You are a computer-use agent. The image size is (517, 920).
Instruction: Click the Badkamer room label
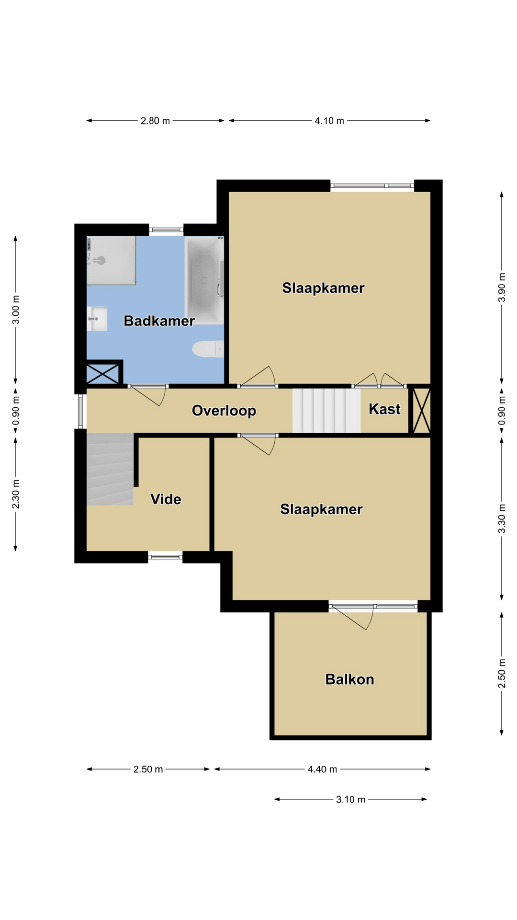point(159,321)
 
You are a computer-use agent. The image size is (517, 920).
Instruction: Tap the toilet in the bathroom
point(208,349)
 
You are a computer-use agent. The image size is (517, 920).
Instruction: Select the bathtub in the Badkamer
point(204,281)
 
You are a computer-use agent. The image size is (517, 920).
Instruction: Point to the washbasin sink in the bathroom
point(97,319)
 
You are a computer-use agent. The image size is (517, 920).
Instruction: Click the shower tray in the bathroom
point(111,260)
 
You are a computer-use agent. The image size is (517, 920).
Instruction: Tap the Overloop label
point(224,411)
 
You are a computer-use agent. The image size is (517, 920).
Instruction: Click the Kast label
point(384,409)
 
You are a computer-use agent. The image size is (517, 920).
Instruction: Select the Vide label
point(166,499)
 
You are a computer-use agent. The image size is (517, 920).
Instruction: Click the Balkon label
point(349,679)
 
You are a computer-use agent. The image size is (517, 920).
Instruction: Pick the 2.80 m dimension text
point(155,121)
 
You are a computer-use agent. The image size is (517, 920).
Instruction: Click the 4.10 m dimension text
point(329,121)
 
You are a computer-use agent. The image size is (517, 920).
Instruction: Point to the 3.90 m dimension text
point(502,287)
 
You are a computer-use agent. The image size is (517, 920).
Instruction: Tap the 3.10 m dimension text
point(351,799)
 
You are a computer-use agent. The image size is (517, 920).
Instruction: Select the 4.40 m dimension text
point(322,769)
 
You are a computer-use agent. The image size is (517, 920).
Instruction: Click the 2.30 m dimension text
point(16,494)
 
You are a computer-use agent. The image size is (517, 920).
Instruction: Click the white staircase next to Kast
point(326,410)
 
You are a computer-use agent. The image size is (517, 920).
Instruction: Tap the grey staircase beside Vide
point(110,469)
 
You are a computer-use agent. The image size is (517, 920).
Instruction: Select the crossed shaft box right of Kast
point(422,410)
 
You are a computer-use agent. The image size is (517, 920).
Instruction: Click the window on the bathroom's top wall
point(166,230)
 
